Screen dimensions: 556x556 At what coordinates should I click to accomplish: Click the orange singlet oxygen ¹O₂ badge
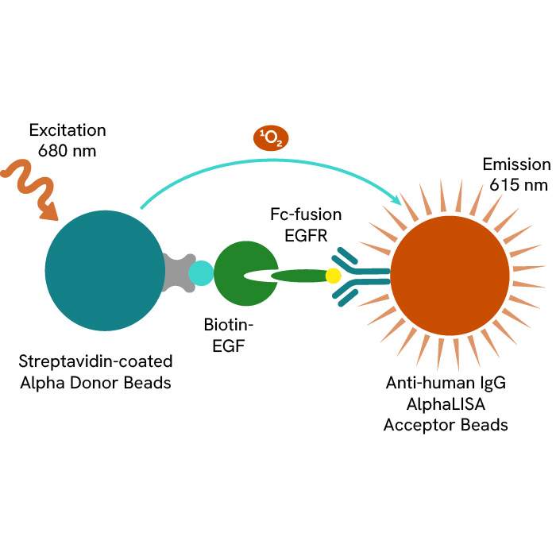[x=271, y=138]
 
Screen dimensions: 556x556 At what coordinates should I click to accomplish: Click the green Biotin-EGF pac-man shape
[x=234, y=274]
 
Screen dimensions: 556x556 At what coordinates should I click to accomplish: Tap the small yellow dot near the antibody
[x=333, y=276]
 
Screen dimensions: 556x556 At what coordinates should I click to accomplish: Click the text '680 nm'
[x=68, y=149]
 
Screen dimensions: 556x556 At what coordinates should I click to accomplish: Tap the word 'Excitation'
[x=68, y=129]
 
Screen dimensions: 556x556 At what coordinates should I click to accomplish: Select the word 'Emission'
[x=516, y=165]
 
